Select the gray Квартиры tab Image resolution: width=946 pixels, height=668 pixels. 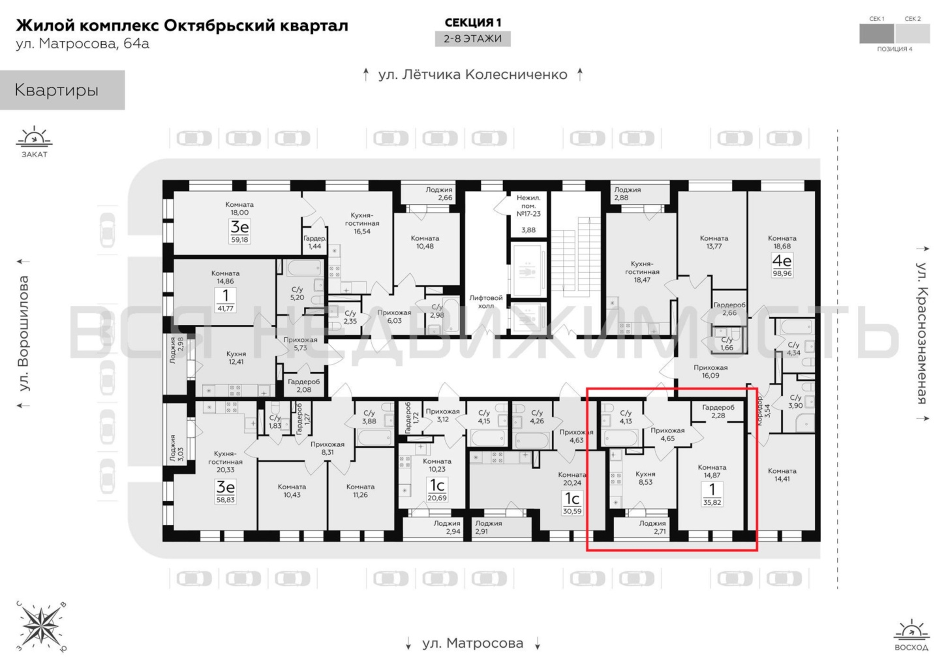point(62,90)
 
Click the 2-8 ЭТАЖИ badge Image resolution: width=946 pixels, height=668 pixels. point(473,39)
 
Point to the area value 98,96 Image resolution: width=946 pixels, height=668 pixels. point(782,273)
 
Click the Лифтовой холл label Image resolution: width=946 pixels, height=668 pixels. point(486,302)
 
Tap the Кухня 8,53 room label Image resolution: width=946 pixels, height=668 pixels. point(645,478)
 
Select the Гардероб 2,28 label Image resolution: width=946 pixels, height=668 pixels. point(718,411)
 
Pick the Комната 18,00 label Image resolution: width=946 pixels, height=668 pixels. point(240,208)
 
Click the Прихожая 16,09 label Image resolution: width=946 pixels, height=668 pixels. point(710,371)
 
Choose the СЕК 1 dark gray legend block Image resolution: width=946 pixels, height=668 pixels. point(877,33)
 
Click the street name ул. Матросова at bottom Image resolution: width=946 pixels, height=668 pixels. point(473,643)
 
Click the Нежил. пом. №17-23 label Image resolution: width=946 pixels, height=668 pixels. point(529,206)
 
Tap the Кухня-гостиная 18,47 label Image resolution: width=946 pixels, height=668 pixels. point(642,272)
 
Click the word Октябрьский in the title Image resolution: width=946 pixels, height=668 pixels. point(219,25)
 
